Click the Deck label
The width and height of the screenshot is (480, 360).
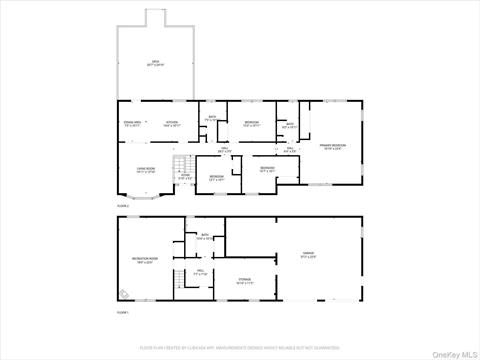coord(156,63)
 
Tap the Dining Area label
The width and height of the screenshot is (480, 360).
coord(133,123)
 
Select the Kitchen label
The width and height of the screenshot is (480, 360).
coord(172,123)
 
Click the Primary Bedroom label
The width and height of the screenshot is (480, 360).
coord(331,146)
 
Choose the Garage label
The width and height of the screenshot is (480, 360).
coord(308,254)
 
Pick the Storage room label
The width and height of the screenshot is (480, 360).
coord(244,280)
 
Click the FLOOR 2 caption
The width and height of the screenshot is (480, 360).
coord(123,204)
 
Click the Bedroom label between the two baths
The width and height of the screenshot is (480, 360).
coord(252,123)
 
